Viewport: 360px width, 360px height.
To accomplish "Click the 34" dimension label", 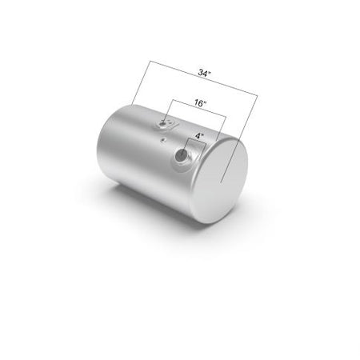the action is [x=204, y=73].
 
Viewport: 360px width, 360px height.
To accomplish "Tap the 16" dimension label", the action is [x=200, y=103].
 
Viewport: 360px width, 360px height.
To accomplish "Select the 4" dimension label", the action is [x=199, y=136].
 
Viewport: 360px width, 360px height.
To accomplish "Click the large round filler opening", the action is [x=182, y=154].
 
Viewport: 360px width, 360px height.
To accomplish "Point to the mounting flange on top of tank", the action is [x=166, y=124].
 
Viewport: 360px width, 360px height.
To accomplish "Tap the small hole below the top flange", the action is [x=163, y=139].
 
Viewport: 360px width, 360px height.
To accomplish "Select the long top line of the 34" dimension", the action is [x=203, y=78].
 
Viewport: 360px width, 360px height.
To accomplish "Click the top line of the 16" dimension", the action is [x=199, y=108].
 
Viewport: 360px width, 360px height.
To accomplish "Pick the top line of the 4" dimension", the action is [x=197, y=141].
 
